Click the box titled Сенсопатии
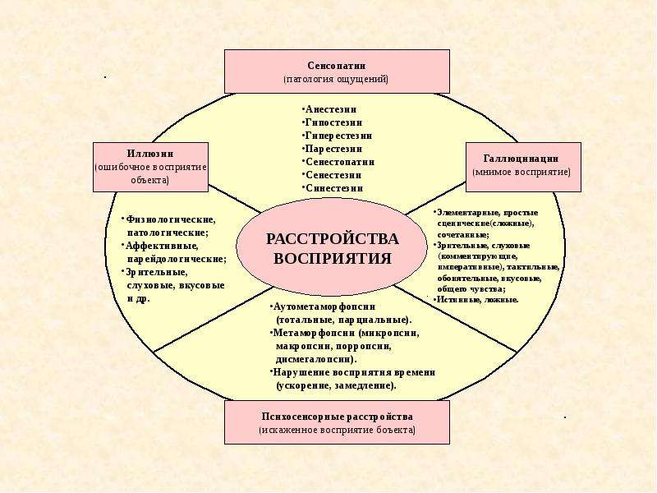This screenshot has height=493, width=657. tap(337, 71)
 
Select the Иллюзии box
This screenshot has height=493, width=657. tap(150, 167)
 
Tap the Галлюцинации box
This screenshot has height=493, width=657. tap(523, 167)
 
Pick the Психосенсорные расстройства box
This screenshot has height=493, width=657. tap(337, 422)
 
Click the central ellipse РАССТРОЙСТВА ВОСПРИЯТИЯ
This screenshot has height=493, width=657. tap(332, 247)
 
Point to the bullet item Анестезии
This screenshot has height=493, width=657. tap(329, 109)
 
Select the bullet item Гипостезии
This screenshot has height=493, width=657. tap(333, 122)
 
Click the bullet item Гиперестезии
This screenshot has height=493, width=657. tap(337, 136)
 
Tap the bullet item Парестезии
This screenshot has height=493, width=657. tap(333, 149)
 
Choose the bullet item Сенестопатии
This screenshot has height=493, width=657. tap(338, 161)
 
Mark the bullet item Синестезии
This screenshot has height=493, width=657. tap(333, 188)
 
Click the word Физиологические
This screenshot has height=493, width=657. tap(171, 219)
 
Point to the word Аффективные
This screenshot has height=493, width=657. tap(162, 246)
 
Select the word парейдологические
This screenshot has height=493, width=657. tap(177, 259)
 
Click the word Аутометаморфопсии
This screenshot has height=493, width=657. tap(324, 306)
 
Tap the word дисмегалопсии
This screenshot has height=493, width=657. tap(316, 359)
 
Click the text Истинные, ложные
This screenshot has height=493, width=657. tap(477, 300)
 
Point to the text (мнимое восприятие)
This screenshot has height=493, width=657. tap(521, 172)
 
